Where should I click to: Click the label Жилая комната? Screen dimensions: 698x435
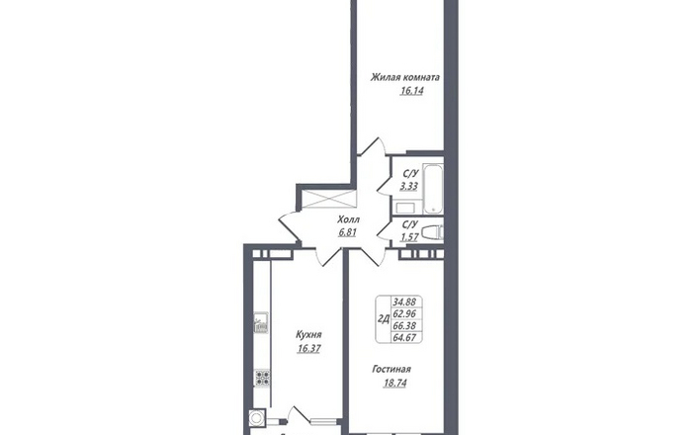coord(405,77)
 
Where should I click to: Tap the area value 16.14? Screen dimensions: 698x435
coord(411,91)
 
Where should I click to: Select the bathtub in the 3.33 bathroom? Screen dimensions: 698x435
coord(433,189)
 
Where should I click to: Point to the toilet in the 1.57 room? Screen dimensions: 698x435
coord(432,233)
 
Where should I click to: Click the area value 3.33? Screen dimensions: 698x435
coord(408,186)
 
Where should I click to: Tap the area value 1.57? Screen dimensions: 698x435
coord(409,237)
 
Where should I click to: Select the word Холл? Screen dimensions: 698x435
coord(349,219)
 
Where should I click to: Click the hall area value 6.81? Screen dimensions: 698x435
coord(347,232)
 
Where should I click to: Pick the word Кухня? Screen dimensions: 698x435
coord(308,335)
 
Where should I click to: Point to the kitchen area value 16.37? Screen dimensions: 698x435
coord(308,349)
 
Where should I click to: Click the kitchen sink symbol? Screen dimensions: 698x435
coord(261,323)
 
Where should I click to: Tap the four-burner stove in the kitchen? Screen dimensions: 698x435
coord(261,378)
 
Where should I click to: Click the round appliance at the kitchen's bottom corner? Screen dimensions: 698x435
coord(256,418)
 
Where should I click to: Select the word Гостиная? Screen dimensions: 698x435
coord(392,369)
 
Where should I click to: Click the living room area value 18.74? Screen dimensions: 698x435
coord(394,383)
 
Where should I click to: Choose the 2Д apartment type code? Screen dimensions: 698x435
coord(384,318)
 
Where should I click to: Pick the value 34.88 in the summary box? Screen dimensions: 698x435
coord(404,302)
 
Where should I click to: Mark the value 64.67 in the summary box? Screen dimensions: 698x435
coord(404,337)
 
